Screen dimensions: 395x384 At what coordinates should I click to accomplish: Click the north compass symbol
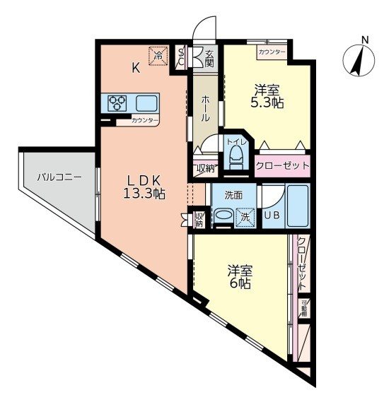359,58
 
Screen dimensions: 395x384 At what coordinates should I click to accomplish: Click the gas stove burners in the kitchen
117,103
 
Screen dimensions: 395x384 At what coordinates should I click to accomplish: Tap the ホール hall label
205,107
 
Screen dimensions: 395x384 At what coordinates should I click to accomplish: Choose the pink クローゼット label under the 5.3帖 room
284,166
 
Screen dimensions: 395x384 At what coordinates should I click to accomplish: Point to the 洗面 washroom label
234,194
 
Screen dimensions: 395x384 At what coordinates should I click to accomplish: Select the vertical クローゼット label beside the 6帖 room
302,264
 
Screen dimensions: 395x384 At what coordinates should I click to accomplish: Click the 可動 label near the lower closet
304,309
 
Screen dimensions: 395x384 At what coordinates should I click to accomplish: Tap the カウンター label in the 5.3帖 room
272,52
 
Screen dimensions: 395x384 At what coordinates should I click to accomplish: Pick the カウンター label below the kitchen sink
144,122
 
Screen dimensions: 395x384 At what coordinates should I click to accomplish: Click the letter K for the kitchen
135,68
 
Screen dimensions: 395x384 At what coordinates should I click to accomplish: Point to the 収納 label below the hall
204,168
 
